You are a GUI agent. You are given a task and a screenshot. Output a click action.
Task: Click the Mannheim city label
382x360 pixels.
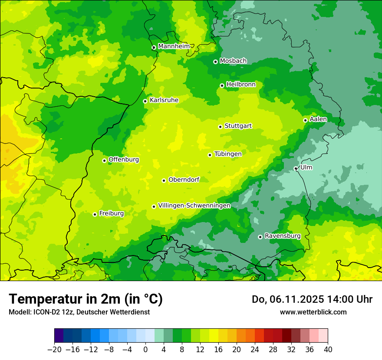(174, 46)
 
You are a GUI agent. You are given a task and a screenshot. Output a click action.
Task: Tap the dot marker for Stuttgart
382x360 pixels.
(220, 127)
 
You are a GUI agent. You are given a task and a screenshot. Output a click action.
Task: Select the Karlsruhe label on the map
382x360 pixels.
(164, 100)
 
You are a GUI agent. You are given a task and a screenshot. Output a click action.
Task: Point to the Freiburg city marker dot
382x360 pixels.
(95, 214)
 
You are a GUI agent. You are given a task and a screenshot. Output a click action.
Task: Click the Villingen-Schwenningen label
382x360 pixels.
(194, 206)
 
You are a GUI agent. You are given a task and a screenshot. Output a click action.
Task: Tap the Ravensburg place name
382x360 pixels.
(282, 236)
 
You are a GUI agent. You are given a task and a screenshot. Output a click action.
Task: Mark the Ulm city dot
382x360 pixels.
(296, 168)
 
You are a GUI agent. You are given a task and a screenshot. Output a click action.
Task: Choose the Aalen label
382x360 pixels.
(318, 119)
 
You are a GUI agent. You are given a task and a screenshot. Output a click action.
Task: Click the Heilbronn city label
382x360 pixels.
(241, 85)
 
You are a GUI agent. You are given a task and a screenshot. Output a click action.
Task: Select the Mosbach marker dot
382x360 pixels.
(215, 62)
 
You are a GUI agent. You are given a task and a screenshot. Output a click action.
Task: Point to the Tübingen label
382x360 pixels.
(228, 154)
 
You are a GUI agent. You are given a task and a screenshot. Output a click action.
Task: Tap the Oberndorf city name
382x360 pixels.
(184, 180)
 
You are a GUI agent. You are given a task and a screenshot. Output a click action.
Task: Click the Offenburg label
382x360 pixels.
(124, 160)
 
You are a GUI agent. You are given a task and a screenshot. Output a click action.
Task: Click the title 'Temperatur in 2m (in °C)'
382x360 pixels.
(86, 299)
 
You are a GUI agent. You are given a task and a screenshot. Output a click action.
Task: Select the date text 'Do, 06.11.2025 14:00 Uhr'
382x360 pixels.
(312, 299)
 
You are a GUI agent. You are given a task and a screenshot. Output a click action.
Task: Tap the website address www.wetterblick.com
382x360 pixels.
(313, 312)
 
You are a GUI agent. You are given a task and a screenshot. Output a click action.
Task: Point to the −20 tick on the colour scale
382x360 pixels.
(54, 350)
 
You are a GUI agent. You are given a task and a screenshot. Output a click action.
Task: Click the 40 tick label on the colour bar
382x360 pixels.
(328, 350)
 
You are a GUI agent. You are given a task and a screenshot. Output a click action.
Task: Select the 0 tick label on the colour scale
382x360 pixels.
(145, 350)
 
